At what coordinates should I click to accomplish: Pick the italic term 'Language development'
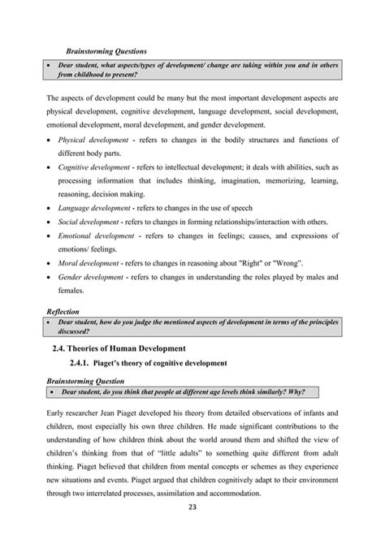(x=94, y=208)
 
